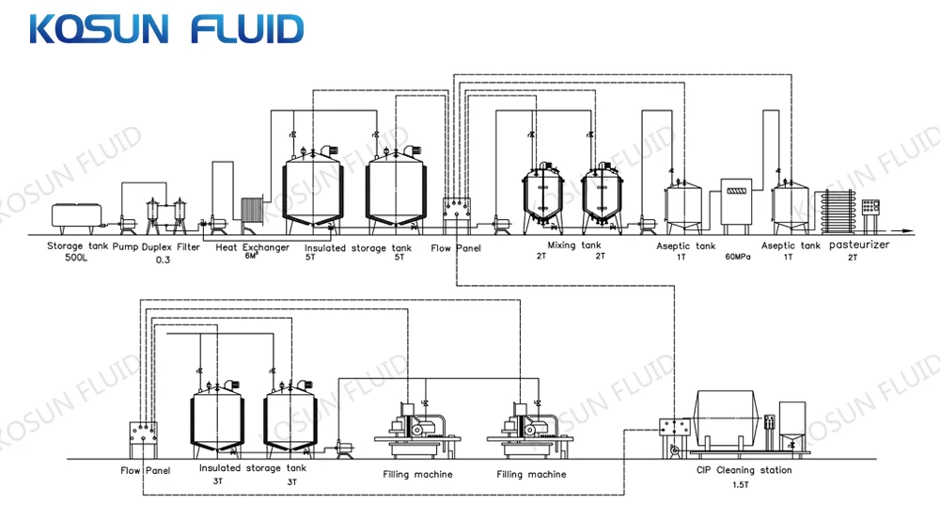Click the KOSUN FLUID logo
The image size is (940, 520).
click(x=166, y=29)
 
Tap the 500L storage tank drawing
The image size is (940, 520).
click(x=76, y=218)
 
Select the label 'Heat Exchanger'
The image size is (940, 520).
click(x=252, y=247)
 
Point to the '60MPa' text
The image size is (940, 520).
click(x=737, y=257)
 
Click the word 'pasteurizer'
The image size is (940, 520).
click(x=859, y=244)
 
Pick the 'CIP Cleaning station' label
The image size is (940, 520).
click(x=744, y=470)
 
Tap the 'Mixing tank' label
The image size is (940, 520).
click(x=573, y=244)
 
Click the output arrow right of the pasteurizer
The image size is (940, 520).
click(x=900, y=231)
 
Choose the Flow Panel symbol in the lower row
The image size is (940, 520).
click(x=144, y=440)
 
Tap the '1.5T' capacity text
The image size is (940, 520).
click(x=741, y=484)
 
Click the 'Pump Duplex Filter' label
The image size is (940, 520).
click(x=156, y=247)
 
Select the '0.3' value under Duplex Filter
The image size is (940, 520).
click(x=163, y=260)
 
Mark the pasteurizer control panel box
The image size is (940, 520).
click(x=870, y=207)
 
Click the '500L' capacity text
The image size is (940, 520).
click(x=76, y=258)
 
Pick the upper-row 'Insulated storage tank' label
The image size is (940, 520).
click(x=358, y=247)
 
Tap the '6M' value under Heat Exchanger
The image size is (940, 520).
click(x=251, y=256)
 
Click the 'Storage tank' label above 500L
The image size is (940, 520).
click(x=78, y=246)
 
